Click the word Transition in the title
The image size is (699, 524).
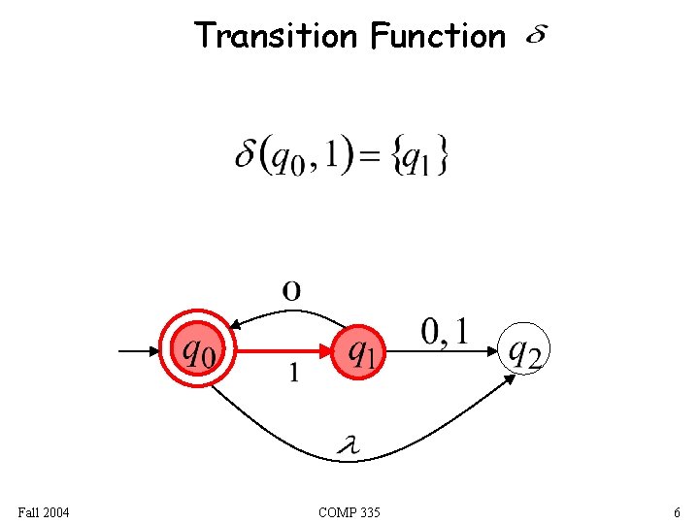click(x=276, y=36)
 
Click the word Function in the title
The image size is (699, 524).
click(x=437, y=37)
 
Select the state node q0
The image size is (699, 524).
click(x=200, y=349)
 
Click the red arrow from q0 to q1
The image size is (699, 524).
click(x=285, y=350)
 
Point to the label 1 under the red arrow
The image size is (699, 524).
click(x=294, y=373)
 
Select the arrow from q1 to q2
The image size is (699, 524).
click(x=443, y=350)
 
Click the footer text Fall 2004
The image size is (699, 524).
click(x=44, y=511)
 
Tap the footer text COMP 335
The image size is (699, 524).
click(x=349, y=511)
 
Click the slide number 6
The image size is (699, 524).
click(x=676, y=511)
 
